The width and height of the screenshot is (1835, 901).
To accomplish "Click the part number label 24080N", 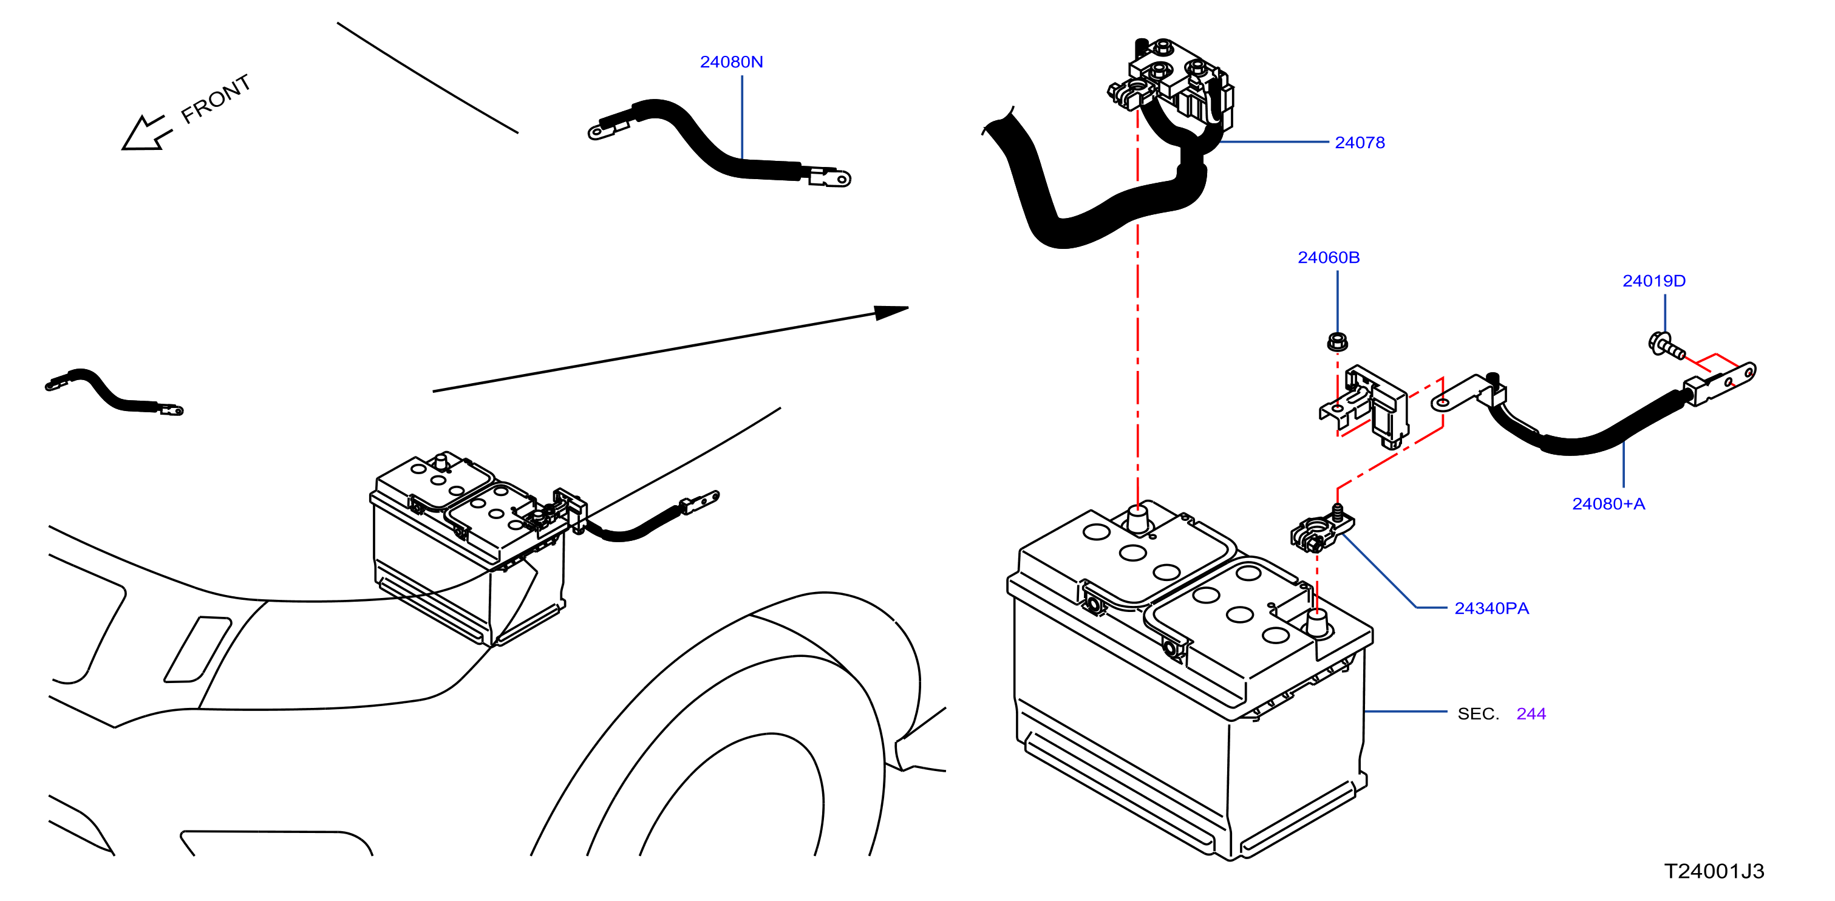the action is pyautogui.click(x=731, y=62).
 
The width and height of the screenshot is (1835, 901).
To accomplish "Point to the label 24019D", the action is pyautogui.click(x=1653, y=280).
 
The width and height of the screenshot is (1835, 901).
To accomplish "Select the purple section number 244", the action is pyautogui.click(x=1531, y=713).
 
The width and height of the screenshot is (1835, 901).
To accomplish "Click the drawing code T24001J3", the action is pyautogui.click(x=1714, y=871).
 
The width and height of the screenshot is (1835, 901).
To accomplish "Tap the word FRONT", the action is pyautogui.click(x=215, y=99).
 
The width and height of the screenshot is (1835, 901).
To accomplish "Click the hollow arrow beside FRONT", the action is pyautogui.click(x=146, y=133).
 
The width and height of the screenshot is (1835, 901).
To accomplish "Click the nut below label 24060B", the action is pyautogui.click(x=1337, y=342).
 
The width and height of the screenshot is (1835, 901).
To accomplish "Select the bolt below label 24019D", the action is pyautogui.click(x=1666, y=345).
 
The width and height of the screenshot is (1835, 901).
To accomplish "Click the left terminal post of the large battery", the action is pyautogui.click(x=1137, y=519).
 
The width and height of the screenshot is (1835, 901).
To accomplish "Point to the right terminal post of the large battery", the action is pyautogui.click(x=1316, y=624).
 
